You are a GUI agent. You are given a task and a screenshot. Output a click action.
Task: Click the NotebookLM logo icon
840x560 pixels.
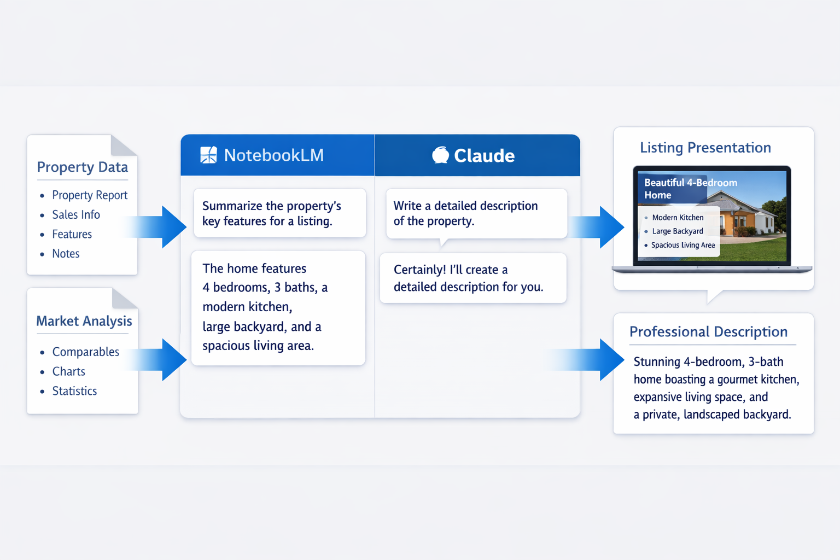pyautogui.click(x=208, y=155)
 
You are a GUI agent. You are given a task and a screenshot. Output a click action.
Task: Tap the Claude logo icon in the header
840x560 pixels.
pyautogui.click(x=440, y=155)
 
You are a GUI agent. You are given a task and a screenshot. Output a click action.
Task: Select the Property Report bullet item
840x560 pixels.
pyautogui.click(x=90, y=195)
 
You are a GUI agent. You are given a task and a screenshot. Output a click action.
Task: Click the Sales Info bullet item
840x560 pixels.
pyautogui.click(x=76, y=215)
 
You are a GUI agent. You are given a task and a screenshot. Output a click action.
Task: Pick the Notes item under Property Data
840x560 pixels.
pyautogui.click(x=66, y=254)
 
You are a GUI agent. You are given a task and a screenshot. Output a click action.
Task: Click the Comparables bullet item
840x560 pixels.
pyautogui.click(x=85, y=352)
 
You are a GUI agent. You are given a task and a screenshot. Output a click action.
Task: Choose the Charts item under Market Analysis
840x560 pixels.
pyautogui.click(x=68, y=371)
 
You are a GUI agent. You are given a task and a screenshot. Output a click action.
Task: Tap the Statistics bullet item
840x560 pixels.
pyautogui.click(x=74, y=391)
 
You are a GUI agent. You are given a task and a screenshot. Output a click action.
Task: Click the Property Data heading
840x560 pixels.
pyautogui.click(x=82, y=167)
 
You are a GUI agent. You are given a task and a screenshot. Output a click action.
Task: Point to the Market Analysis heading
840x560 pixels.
pyautogui.click(x=84, y=321)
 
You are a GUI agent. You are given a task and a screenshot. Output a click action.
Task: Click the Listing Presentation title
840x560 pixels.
pyautogui.click(x=705, y=148)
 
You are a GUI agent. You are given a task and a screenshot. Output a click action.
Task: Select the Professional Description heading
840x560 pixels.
pyautogui.click(x=708, y=332)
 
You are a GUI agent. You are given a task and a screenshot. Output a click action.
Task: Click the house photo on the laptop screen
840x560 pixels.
pyautogui.click(x=755, y=219)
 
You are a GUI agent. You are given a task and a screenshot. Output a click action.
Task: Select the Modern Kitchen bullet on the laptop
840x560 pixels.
pyautogui.click(x=678, y=218)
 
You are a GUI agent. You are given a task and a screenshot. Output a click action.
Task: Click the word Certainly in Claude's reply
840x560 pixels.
pyautogui.click(x=419, y=270)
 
